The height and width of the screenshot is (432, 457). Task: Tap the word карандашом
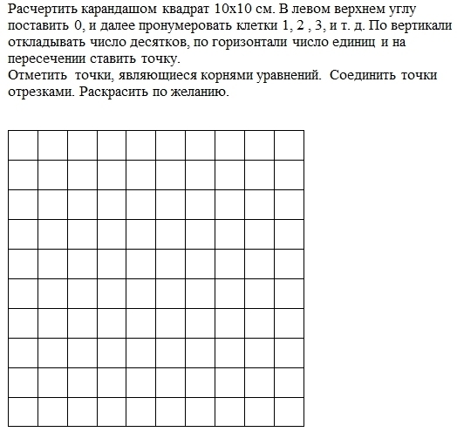pos(119,10)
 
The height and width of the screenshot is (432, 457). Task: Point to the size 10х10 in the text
pos(233,10)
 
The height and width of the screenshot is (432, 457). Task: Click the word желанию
pos(201,93)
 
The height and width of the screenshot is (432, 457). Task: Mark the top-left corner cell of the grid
pos(23,145)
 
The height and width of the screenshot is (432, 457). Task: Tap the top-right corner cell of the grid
pos(289,145)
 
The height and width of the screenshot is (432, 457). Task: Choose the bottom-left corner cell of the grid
pos(23,411)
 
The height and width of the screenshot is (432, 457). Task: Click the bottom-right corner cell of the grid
pos(289,411)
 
